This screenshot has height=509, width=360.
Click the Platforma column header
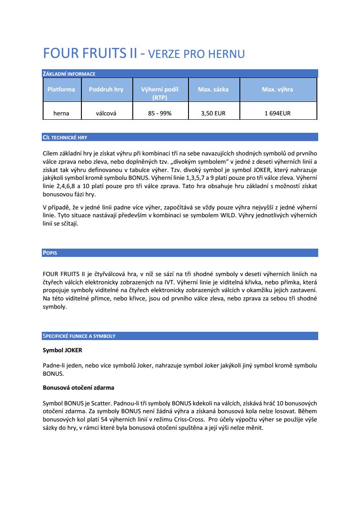pos(61,89)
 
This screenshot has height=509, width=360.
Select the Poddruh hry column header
pos(106,89)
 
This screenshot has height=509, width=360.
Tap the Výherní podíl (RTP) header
pos(160,93)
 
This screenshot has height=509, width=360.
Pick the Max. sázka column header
pos(213,89)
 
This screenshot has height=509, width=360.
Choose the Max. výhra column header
pos(277,89)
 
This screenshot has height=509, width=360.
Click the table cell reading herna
pos(61,113)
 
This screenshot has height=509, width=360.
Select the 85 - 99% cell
pos(160,113)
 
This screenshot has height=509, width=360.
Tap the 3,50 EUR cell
pos(213,113)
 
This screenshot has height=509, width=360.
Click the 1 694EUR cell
pos(277,113)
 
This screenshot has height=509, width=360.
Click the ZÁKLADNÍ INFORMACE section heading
pos(69,74)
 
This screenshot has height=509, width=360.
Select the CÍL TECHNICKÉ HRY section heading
pos(65,137)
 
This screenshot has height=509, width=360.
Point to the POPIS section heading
pos(50,253)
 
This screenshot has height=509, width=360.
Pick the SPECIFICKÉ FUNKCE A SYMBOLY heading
pos(79,336)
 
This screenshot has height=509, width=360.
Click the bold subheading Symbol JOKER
pos(62,350)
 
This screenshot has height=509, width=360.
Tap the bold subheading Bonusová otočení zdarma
pos(78,387)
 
